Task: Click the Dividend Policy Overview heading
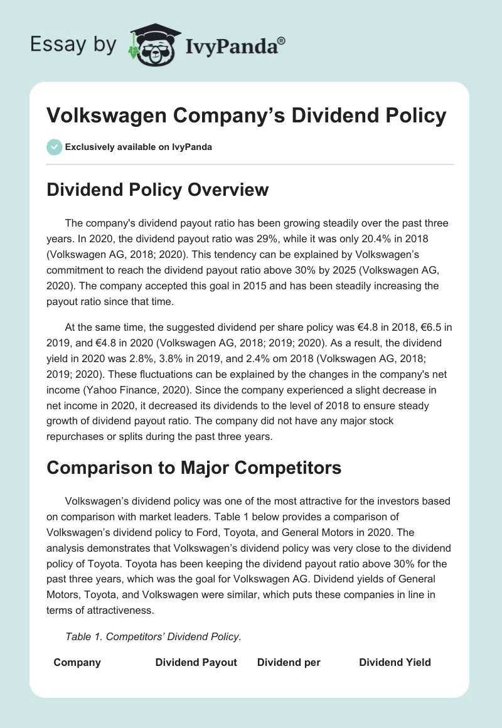[158, 190]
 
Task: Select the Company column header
[77, 662]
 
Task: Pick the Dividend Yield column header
[395, 662]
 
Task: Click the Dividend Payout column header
[196, 662]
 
